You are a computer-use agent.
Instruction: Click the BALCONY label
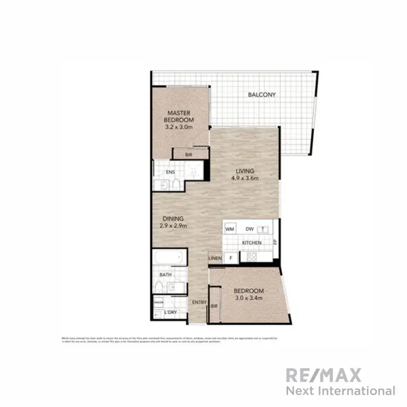(262, 94)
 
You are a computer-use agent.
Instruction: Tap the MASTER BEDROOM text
(179, 117)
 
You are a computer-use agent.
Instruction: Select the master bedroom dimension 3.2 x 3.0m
(179, 127)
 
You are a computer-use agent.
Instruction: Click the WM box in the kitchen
(230, 230)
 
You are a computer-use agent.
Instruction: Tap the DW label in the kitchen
(249, 230)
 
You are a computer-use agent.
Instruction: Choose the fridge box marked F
(231, 258)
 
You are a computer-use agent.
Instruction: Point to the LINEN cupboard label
(215, 258)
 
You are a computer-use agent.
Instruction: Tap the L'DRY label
(170, 313)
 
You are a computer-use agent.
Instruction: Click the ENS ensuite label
(169, 174)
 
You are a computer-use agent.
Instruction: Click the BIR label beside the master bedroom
(188, 155)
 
